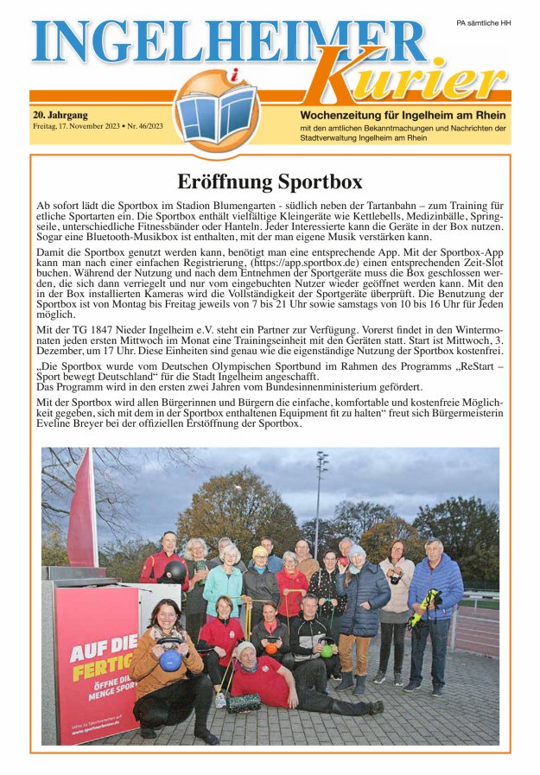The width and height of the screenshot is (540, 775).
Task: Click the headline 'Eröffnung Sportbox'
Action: coord(270,181)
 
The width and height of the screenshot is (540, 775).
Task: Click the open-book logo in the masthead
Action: coord(216,112)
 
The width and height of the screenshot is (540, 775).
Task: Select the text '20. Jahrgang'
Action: coord(60,114)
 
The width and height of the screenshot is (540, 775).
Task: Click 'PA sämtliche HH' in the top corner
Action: coord(483,23)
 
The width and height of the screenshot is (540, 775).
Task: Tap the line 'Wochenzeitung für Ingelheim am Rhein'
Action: coord(403,115)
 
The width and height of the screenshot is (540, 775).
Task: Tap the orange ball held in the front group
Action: coord(270,648)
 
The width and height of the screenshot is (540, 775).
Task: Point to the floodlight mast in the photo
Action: coord(320,492)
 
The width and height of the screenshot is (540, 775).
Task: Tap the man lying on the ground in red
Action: coord(285,683)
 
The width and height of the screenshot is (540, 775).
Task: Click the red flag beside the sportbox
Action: coord(84,510)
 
